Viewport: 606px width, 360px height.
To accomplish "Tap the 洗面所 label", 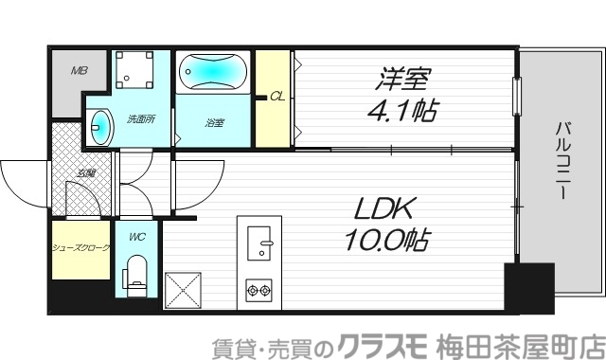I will pos(141,119).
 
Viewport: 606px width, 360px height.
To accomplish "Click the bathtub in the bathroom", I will pos(213,71).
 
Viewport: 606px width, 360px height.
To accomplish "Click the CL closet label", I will pos(277,96).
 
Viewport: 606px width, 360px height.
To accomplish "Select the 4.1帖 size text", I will pos(402,112).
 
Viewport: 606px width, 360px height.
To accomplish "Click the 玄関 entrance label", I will pos(86,173).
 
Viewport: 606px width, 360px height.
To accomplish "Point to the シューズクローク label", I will pos(80,248).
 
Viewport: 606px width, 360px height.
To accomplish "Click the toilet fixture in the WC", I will pos(137,272).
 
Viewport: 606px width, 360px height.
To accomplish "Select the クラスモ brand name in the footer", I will pos(384,343).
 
